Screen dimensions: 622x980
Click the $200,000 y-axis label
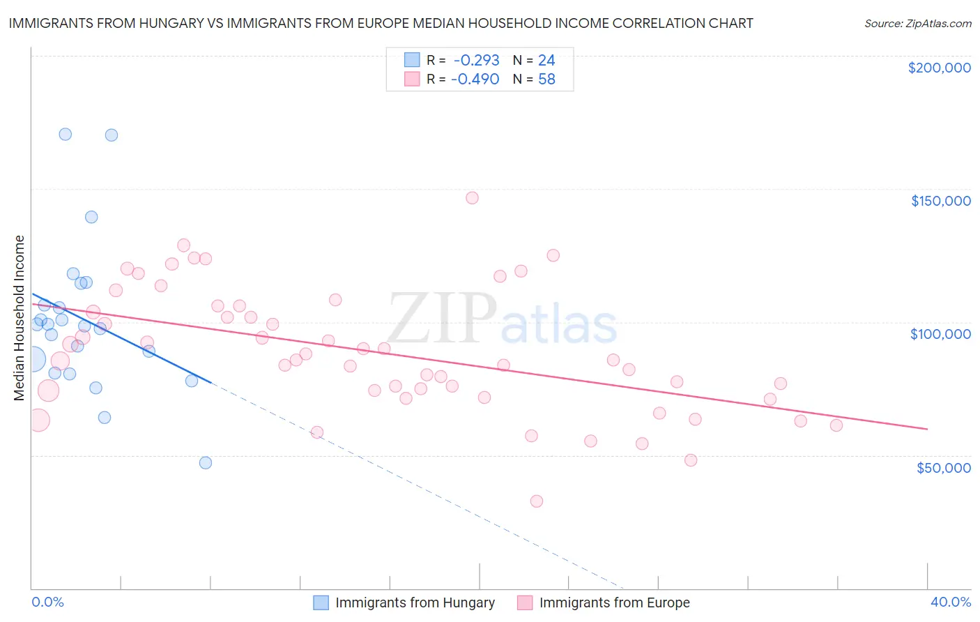[939, 68]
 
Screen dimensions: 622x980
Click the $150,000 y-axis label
[940, 201]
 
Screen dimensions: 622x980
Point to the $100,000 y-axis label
[940, 334]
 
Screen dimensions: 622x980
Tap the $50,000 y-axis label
[943, 467]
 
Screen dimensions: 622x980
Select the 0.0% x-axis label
[47, 602]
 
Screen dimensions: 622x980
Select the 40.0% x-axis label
[950, 602]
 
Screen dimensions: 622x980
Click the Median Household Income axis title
[19, 318]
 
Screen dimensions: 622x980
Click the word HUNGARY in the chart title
[141, 23]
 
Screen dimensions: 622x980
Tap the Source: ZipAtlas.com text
[917, 23]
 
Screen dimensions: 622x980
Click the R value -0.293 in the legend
[476, 61]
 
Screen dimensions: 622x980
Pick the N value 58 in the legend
[546, 79]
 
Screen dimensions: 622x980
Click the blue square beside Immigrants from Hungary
[321, 602]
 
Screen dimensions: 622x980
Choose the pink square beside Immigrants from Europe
[525, 602]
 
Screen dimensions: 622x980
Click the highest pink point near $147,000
[472, 198]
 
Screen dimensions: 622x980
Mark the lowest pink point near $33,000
[536, 501]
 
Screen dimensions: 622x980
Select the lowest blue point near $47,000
[206, 463]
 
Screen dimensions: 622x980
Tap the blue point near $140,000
[91, 217]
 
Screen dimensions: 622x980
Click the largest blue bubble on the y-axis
[33, 360]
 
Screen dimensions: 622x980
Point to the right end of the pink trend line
[927, 429]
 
